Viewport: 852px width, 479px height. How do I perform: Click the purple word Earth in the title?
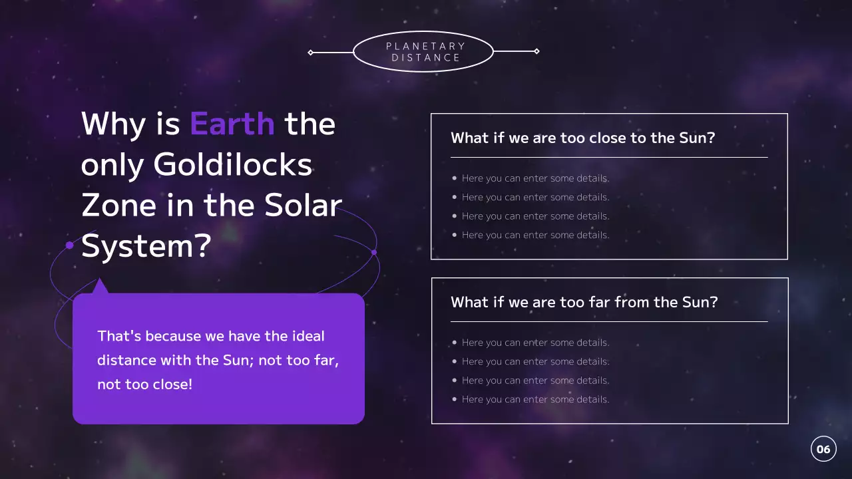232,124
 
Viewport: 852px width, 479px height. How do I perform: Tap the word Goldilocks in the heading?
233,164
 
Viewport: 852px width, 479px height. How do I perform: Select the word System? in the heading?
146,246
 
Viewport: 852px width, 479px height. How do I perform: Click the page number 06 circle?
823,449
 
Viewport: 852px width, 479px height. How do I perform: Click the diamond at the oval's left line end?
311,52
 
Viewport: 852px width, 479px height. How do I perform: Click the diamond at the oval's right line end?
536,51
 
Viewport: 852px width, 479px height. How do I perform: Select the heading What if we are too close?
582,138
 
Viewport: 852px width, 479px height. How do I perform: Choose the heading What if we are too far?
584,302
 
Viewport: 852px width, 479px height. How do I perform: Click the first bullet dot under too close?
455,178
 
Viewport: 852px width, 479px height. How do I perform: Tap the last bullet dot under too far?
455,399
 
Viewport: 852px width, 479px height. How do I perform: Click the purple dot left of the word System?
69,245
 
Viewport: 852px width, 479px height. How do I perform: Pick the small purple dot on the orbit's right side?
373,252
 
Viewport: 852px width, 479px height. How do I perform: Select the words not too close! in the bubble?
144,385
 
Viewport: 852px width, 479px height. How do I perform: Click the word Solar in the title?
304,206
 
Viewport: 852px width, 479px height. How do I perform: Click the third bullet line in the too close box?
535,216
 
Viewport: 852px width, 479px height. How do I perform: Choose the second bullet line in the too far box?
535,361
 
